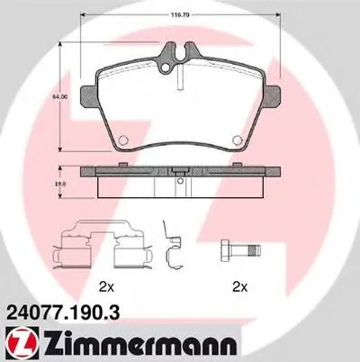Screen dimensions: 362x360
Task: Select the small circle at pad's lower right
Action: tap(237, 138)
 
